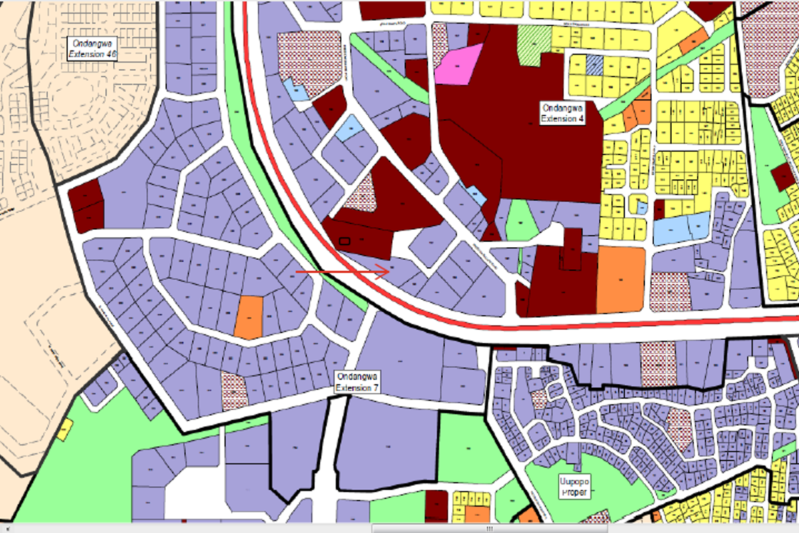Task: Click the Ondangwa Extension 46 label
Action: click(93, 49)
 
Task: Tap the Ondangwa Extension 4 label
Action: click(562, 113)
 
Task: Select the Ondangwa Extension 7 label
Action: click(358, 382)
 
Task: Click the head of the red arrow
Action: click(388, 270)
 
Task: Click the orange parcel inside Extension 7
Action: click(249, 316)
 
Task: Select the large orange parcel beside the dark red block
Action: click(621, 279)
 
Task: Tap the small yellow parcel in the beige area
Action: click(65, 430)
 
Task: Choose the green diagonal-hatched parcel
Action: click(534, 45)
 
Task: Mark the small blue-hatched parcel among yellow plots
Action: click(594, 64)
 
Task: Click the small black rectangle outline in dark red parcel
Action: click(344, 241)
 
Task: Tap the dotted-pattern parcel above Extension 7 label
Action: click(234, 390)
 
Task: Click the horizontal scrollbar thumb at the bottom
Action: click(490, 528)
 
